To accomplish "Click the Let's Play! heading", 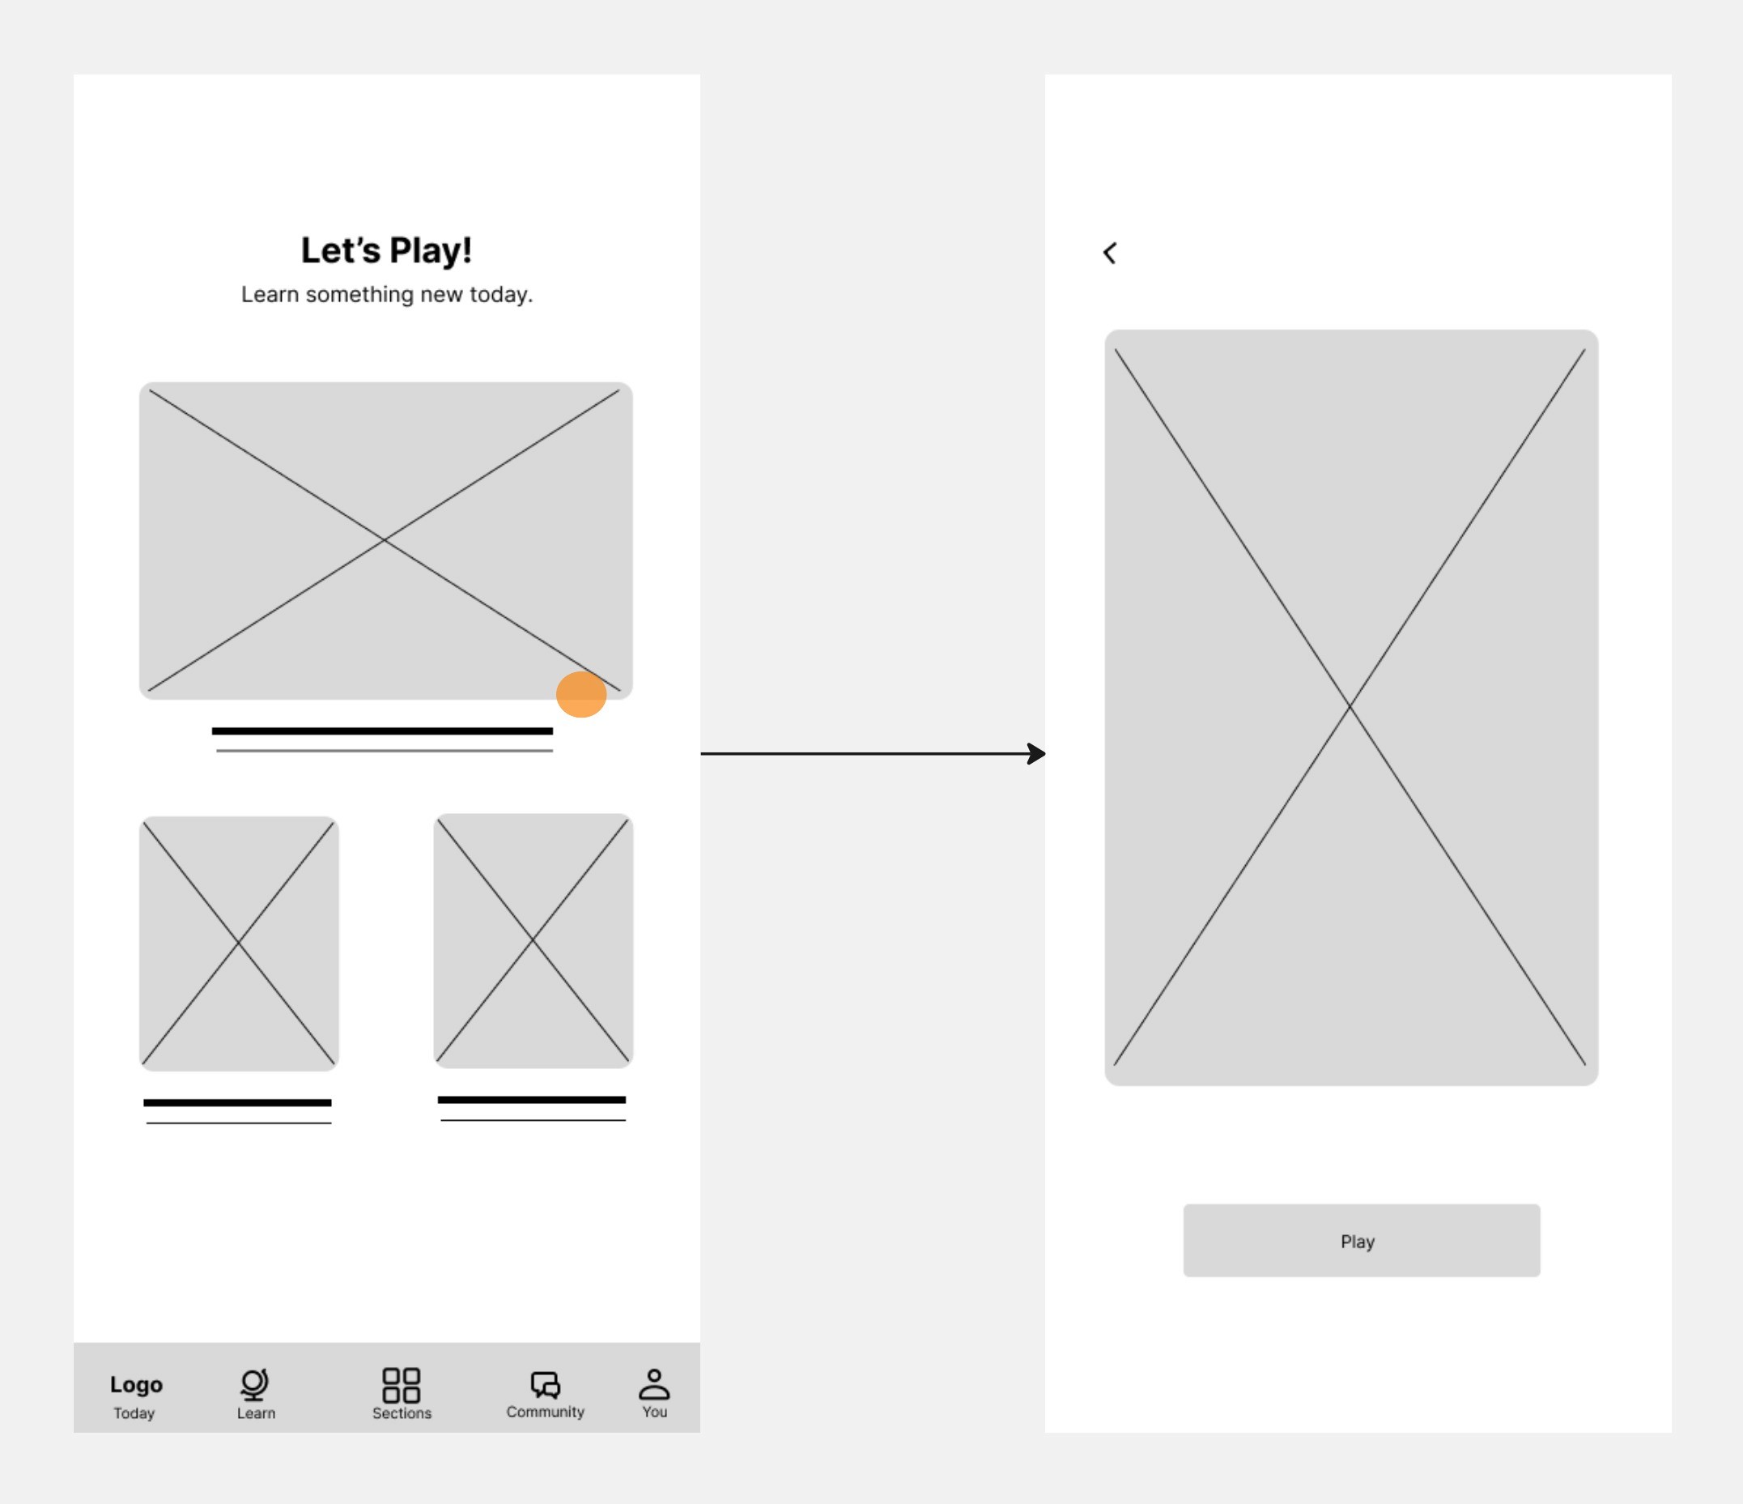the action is tap(386, 251).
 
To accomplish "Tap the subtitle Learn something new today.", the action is tap(387, 295).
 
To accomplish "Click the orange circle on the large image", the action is tap(581, 694).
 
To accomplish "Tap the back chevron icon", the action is tap(1110, 254).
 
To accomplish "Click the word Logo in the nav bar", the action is tap(136, 1385).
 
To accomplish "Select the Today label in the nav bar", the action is tap(134, 1413).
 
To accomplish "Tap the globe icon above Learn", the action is tap(254, 1384).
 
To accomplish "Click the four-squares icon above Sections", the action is tap(402, 1384).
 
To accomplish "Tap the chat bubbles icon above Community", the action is tap(546, 1384).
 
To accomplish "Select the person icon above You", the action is tap(653, 1383).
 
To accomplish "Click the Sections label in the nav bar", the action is tap(402, 1413).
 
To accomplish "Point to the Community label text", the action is tap(545, 1412).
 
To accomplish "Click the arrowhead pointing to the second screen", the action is tap(1037, 753).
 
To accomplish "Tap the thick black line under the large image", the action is tap(382, 731).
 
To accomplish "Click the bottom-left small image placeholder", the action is tap(239, 944).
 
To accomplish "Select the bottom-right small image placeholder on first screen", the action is tap(534, 941).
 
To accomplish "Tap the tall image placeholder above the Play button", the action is tap(1351, 708).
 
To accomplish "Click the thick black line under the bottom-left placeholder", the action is tap(237, 1102).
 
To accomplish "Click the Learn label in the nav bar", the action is tap(256, 1413).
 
